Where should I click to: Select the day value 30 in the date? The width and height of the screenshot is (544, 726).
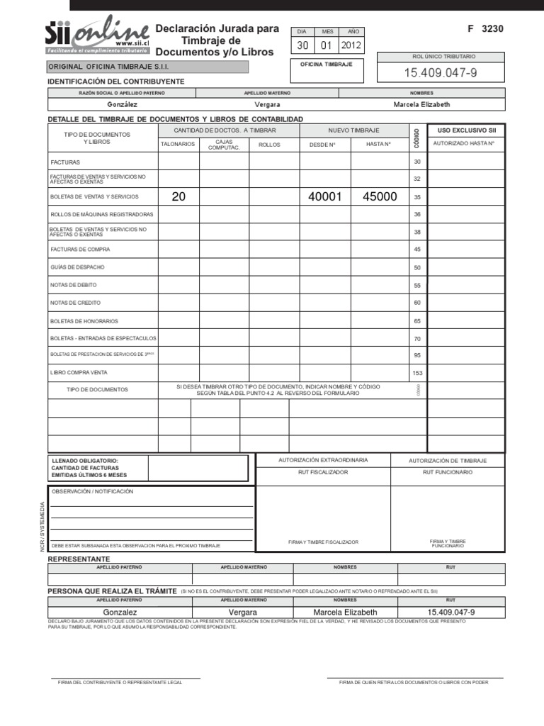click(x=302, y=46)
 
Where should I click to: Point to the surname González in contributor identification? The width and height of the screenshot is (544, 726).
click(x=121, y=104)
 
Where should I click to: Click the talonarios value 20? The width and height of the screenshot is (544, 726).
click(x=178, y=197)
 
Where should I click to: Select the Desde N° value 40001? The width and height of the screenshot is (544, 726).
click(x=325, y=197)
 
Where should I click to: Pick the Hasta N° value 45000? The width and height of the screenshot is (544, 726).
click(x=380, y=197)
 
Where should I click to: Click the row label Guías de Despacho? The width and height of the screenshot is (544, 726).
click(x=77, y=267)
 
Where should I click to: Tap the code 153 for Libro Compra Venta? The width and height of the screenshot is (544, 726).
click(x=417, y=373)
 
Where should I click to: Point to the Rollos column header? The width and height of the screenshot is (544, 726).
click(x=269, y=145)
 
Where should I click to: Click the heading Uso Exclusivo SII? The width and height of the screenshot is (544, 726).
click(x=466, y=130)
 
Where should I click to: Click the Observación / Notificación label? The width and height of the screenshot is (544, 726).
click(x=92, y=491)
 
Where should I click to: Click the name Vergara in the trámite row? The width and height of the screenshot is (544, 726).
click(x=243, y=612)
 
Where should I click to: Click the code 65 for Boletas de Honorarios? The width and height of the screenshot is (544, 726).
click(x=417, y=320)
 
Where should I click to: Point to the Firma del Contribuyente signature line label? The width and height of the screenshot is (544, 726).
click(x=120, y=682)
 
